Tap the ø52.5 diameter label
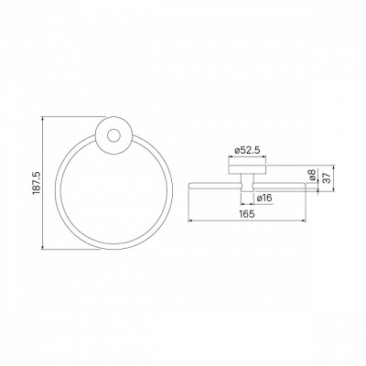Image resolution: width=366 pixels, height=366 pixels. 247,150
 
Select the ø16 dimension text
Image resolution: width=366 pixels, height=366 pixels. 264,198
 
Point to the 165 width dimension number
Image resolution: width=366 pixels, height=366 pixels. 247,214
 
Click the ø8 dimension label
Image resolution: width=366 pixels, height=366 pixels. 311,175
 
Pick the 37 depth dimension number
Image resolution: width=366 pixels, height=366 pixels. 327,178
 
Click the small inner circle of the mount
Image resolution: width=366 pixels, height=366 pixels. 113,135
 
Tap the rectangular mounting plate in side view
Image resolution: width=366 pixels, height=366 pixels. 247,170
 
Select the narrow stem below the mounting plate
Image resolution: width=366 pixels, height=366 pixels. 247,183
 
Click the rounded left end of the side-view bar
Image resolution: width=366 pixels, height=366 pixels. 190,186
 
